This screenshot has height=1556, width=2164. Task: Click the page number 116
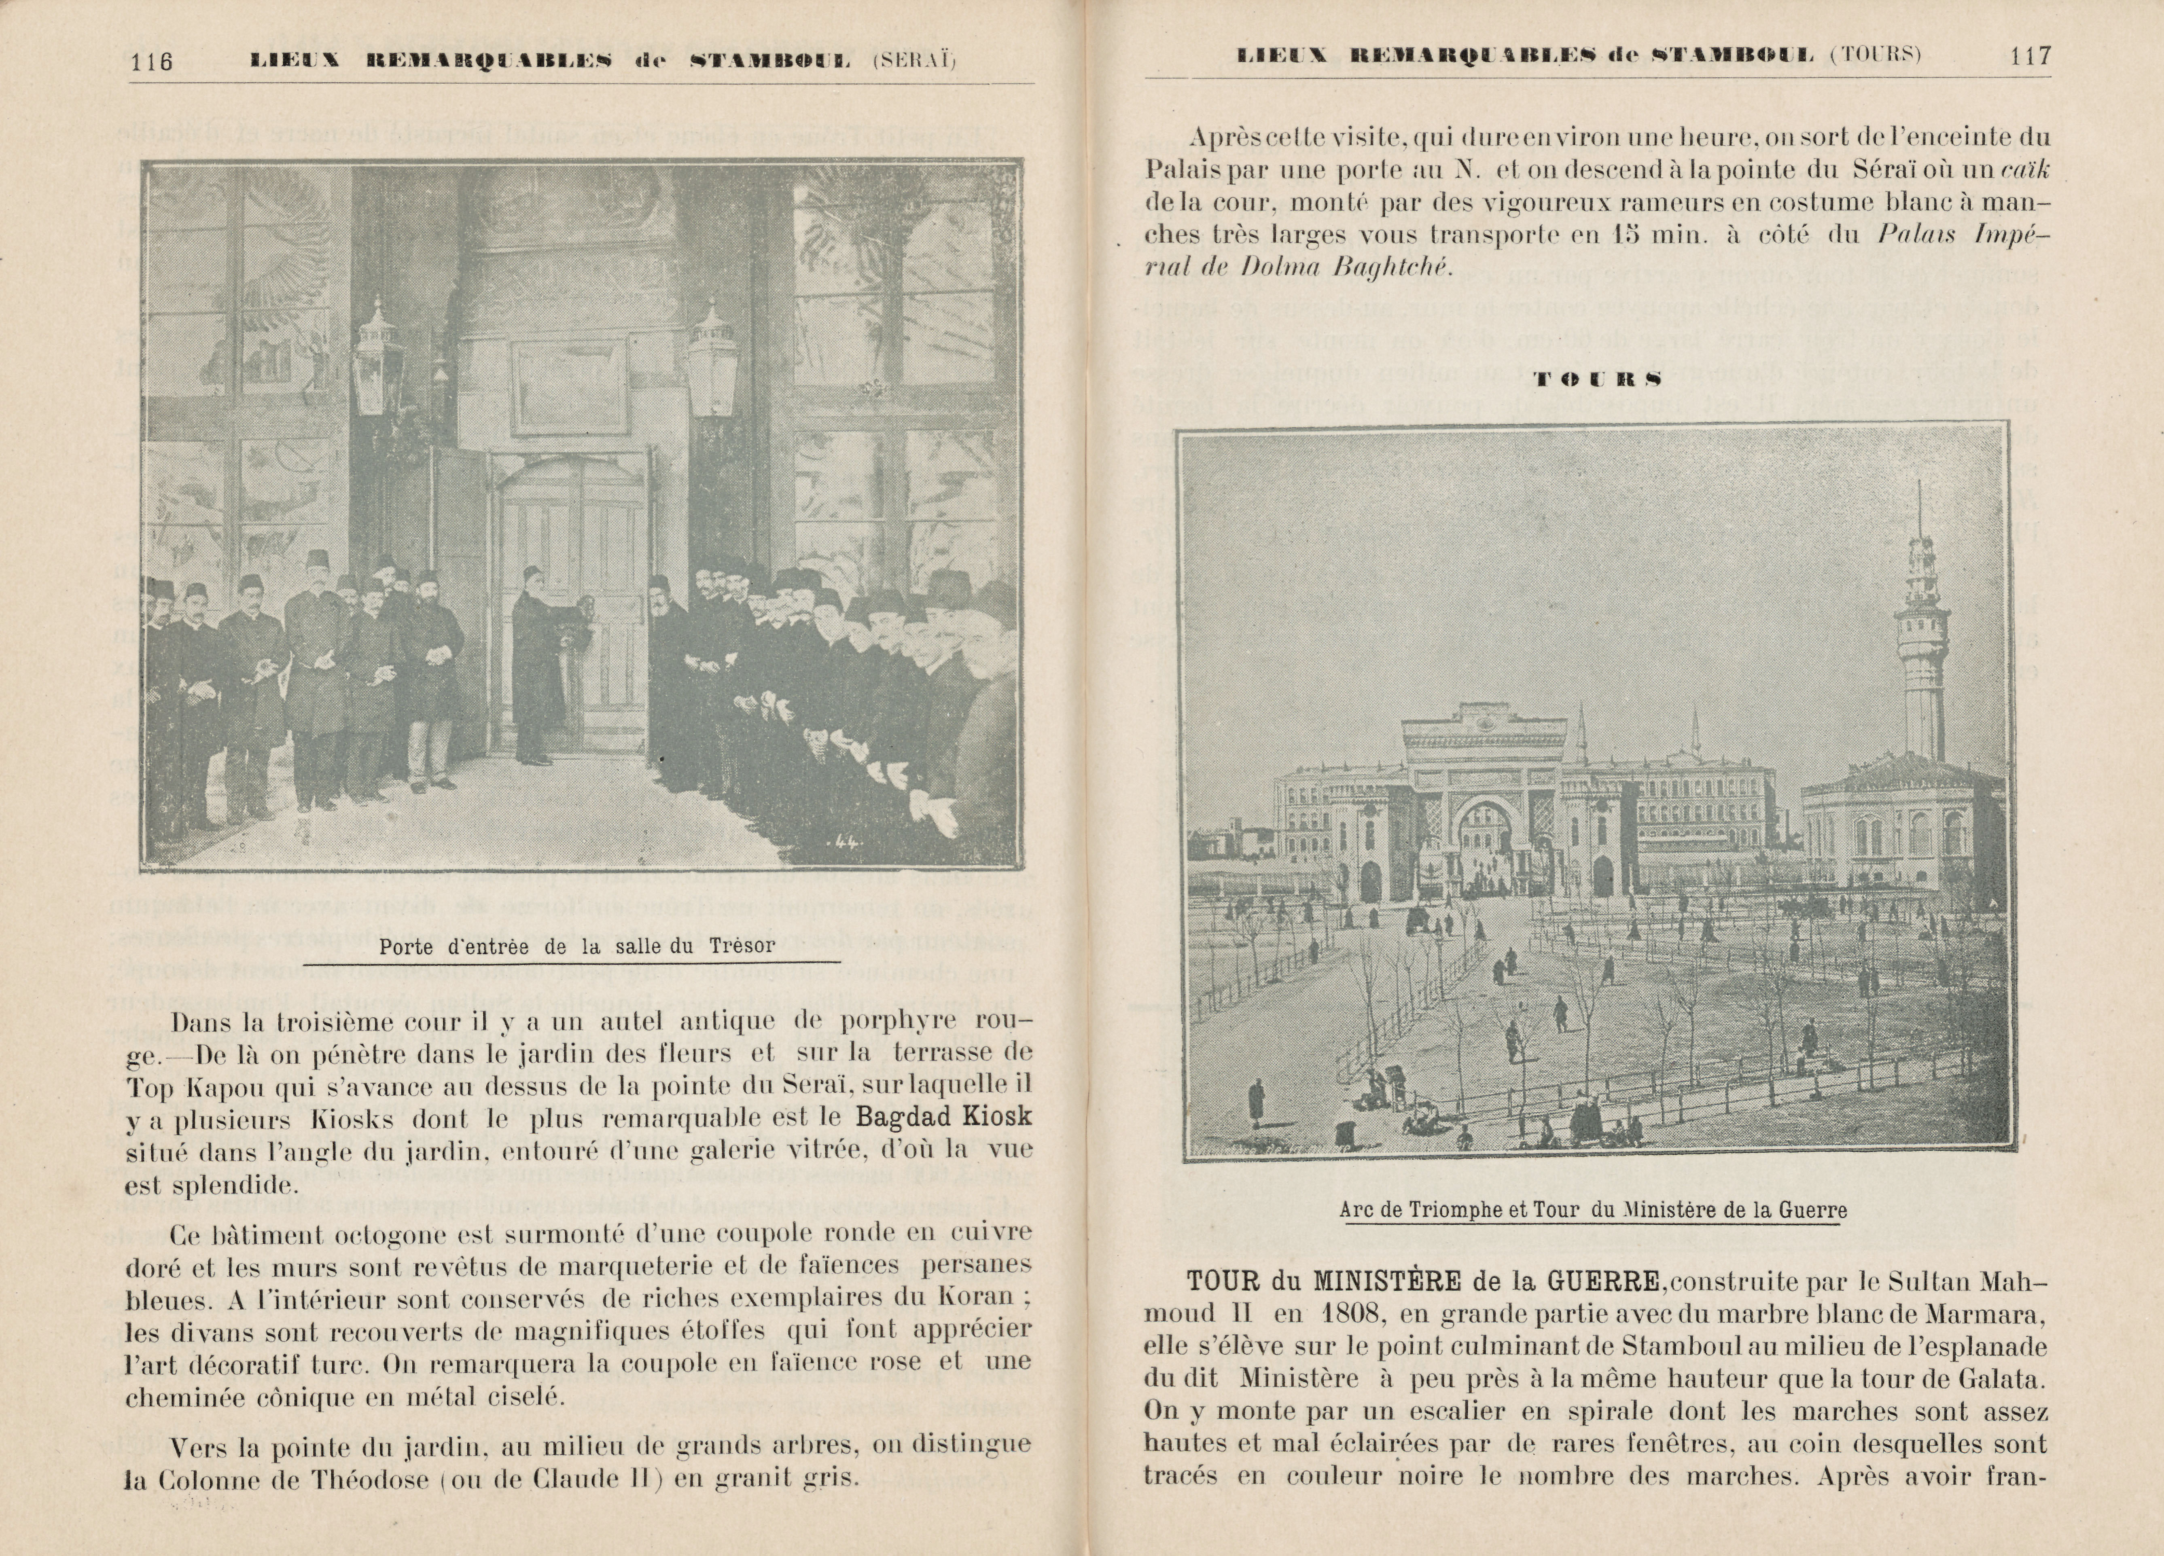coord(152,61)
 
